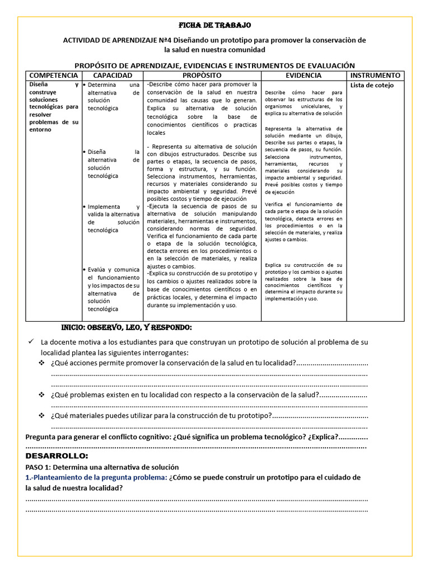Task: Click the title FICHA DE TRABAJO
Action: tap(214, 26)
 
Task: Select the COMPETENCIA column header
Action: tap(54, 75)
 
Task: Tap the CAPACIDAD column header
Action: tap(113, 75)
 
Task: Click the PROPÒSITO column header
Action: tap(202, 75)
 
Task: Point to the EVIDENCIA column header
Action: tap(303, 75)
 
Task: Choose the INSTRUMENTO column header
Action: tap(375, 75)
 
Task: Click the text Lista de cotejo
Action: tap(372, 86)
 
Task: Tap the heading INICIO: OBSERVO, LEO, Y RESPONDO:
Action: tap(126, 327)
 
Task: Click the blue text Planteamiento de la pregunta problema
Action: tap(96, 477)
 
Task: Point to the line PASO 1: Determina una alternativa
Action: tap(102, 467)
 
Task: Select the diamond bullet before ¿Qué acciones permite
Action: tap(41, 363)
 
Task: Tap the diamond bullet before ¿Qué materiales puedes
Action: tap(41, 416)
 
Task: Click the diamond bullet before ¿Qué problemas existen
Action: tap(41, 394)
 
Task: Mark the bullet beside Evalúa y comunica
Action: tap(84, 270)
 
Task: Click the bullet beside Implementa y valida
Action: tap(84, 206)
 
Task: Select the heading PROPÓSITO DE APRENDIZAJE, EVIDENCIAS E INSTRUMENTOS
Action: tap(214, 65)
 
